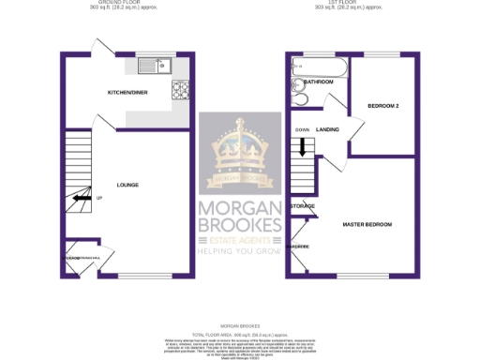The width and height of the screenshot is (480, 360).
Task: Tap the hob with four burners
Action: (x=179, y=90)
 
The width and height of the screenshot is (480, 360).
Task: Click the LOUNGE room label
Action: (x=127, y=185)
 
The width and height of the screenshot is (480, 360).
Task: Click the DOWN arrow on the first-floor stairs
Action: (x=302, y=147)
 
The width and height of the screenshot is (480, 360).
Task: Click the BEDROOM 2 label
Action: (x=383, y=106)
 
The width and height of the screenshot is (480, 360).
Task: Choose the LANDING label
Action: (x=327, y=129)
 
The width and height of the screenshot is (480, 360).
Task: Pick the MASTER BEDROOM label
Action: (x=367, y=225)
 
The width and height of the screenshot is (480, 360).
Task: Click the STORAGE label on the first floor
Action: (x=302, y=205)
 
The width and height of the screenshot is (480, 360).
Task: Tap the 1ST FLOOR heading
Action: (x=349, y=4)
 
